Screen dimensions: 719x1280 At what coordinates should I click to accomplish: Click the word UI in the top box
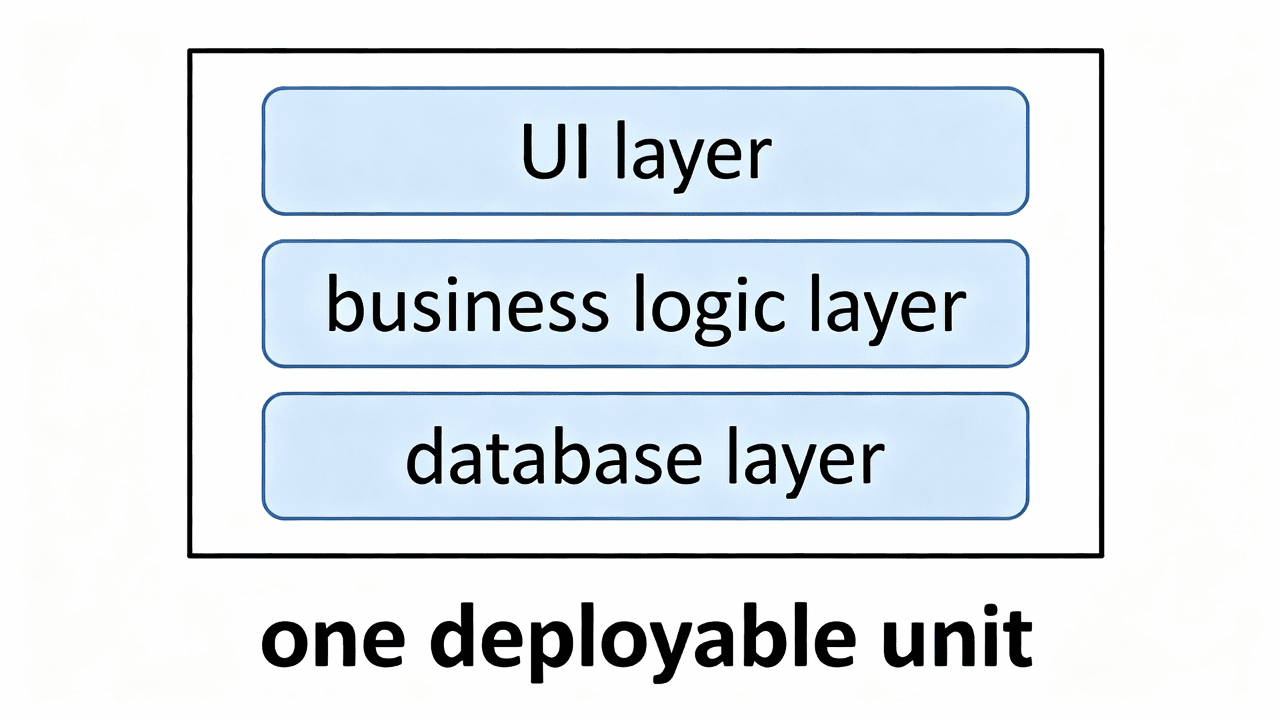[555, 152]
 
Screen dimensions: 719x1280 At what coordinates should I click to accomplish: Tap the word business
[467, 305]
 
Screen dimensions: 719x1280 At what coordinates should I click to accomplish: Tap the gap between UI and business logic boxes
[645, 228]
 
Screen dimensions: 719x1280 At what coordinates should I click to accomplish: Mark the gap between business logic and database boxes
[645, 380]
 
